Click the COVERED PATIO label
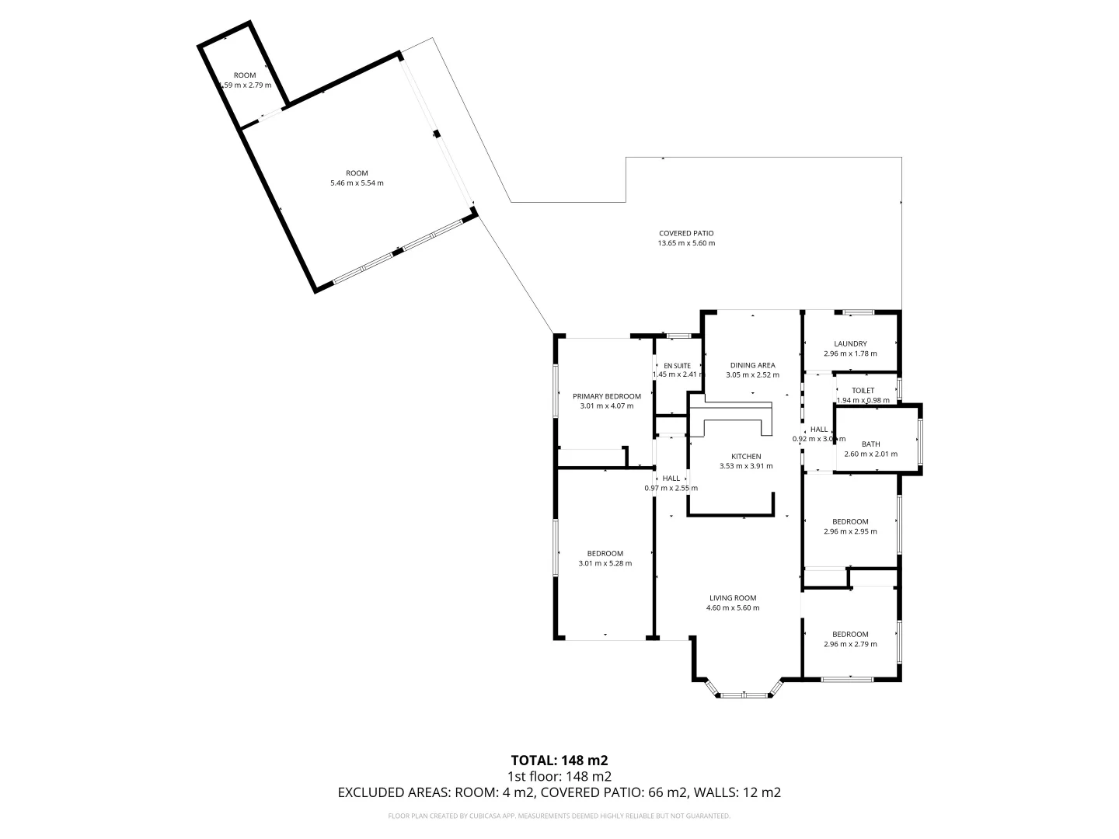(x=685, y=233)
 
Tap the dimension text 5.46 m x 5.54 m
(x=357, y=183)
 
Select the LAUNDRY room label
(x=850, y=343)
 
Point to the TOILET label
(x=863, y=391)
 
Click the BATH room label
(x=870, y=444)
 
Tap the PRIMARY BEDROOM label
(x=606, y=395)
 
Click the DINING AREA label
(x=752, y=365)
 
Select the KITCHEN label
(x=746, y=456)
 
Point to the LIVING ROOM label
(x=732, y=598)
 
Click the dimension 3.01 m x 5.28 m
(x=605, y=563)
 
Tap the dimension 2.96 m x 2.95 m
(x=850, y=531)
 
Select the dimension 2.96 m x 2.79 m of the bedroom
(x=850, y=644)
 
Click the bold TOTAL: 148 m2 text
(x=559, y=760)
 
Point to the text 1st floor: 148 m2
(x=559, y=776)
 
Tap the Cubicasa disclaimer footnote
(x=559, y=816)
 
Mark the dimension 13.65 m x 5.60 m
(x=685, y=243)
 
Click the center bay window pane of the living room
(x=744, y=695)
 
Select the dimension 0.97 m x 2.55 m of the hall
(x=671, y=488)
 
